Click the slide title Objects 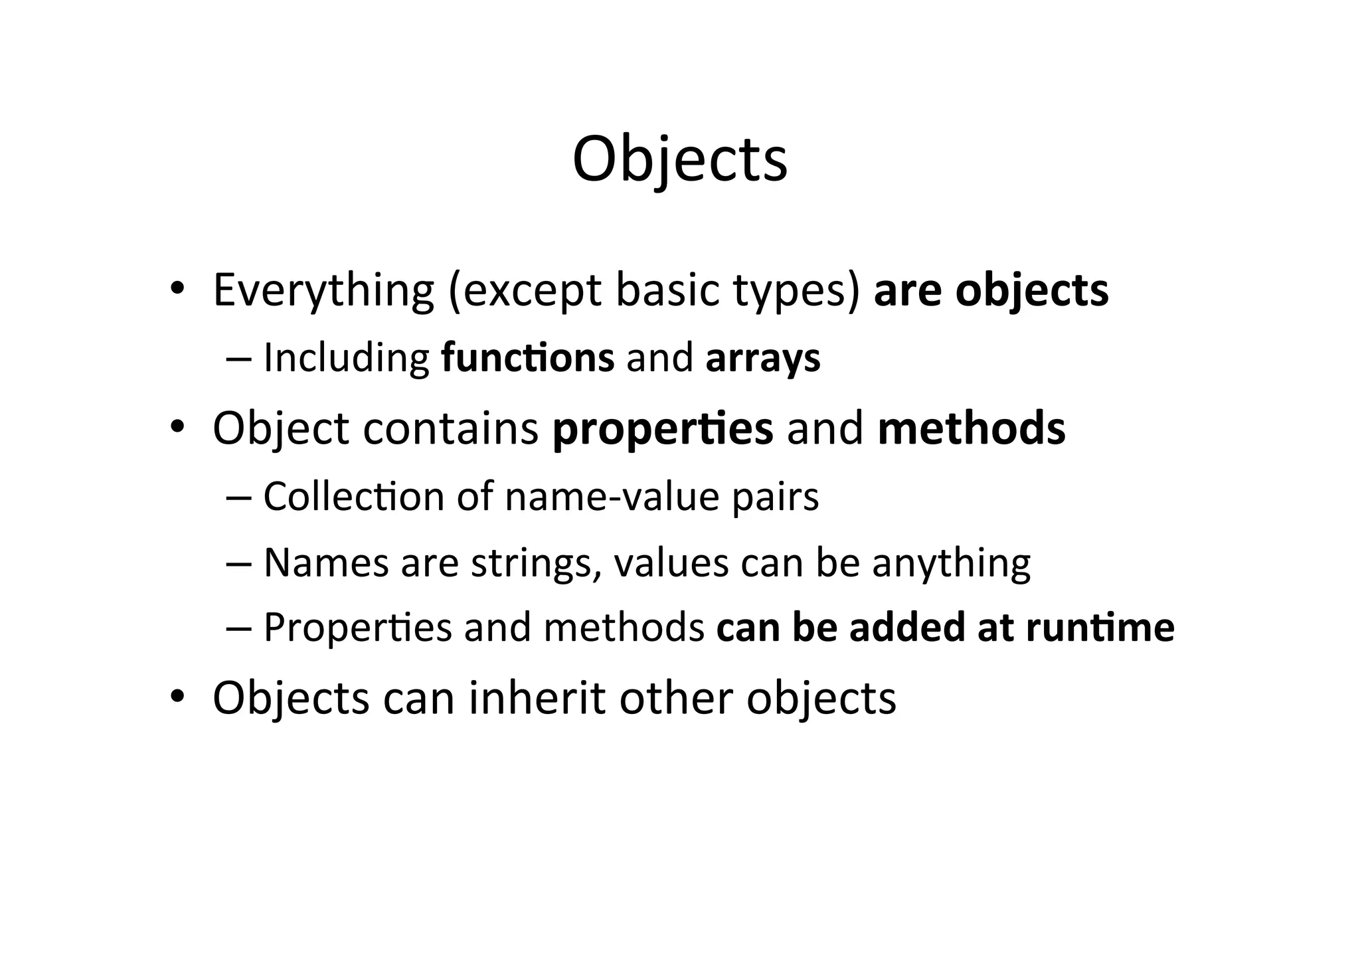(679, 159)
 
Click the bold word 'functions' (527, 357)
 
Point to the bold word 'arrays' (762, 357)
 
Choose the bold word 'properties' (662, 428)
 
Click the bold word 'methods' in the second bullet (971, 428)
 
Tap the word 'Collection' (353, 496)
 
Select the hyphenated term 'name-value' (612, 496)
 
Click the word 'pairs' (775, 496)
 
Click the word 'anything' (951, 563)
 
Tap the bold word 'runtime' (1100, 627)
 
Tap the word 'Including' (346, 357)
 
